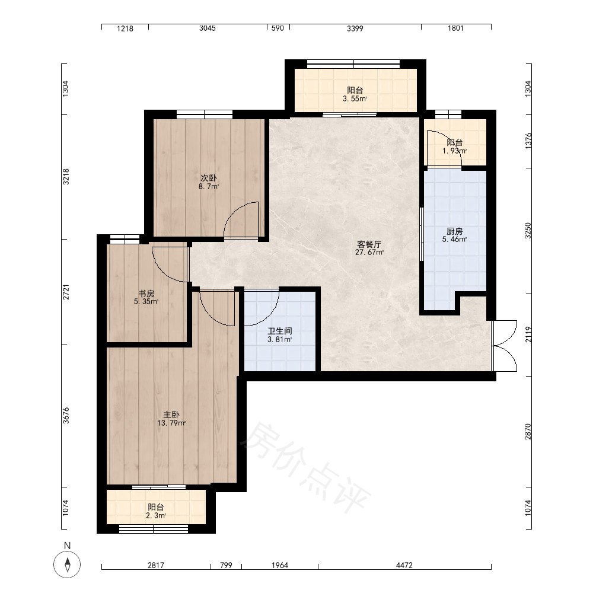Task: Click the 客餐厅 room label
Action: tap(369, 244)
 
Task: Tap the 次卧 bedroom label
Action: tap(208, 178)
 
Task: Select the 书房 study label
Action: tap(146, 294)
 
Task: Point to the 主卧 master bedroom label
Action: tap(171, 415)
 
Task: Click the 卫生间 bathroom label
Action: tap(280, 331)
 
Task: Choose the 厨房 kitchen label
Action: tap(455, 231)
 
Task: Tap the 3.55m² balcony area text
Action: tap(355, 99)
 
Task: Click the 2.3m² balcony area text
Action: tap(156, 515)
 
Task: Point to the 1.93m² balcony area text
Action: tap(455, 151)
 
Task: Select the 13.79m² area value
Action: tap(171, 423)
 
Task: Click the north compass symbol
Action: tap(68, 565)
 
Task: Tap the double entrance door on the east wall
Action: tap(505, 346)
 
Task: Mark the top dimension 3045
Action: tap(208, 28)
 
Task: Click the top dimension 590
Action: tap(278, 28)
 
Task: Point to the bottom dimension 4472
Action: tap(404, 565)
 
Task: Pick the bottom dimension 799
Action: tap(226, 565)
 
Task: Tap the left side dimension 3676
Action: tap(66, 415)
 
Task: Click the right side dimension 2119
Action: tap(528, 334)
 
